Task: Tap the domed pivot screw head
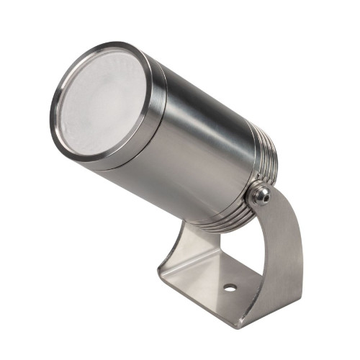260,192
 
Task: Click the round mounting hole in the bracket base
230,287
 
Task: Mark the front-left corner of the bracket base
162,277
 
